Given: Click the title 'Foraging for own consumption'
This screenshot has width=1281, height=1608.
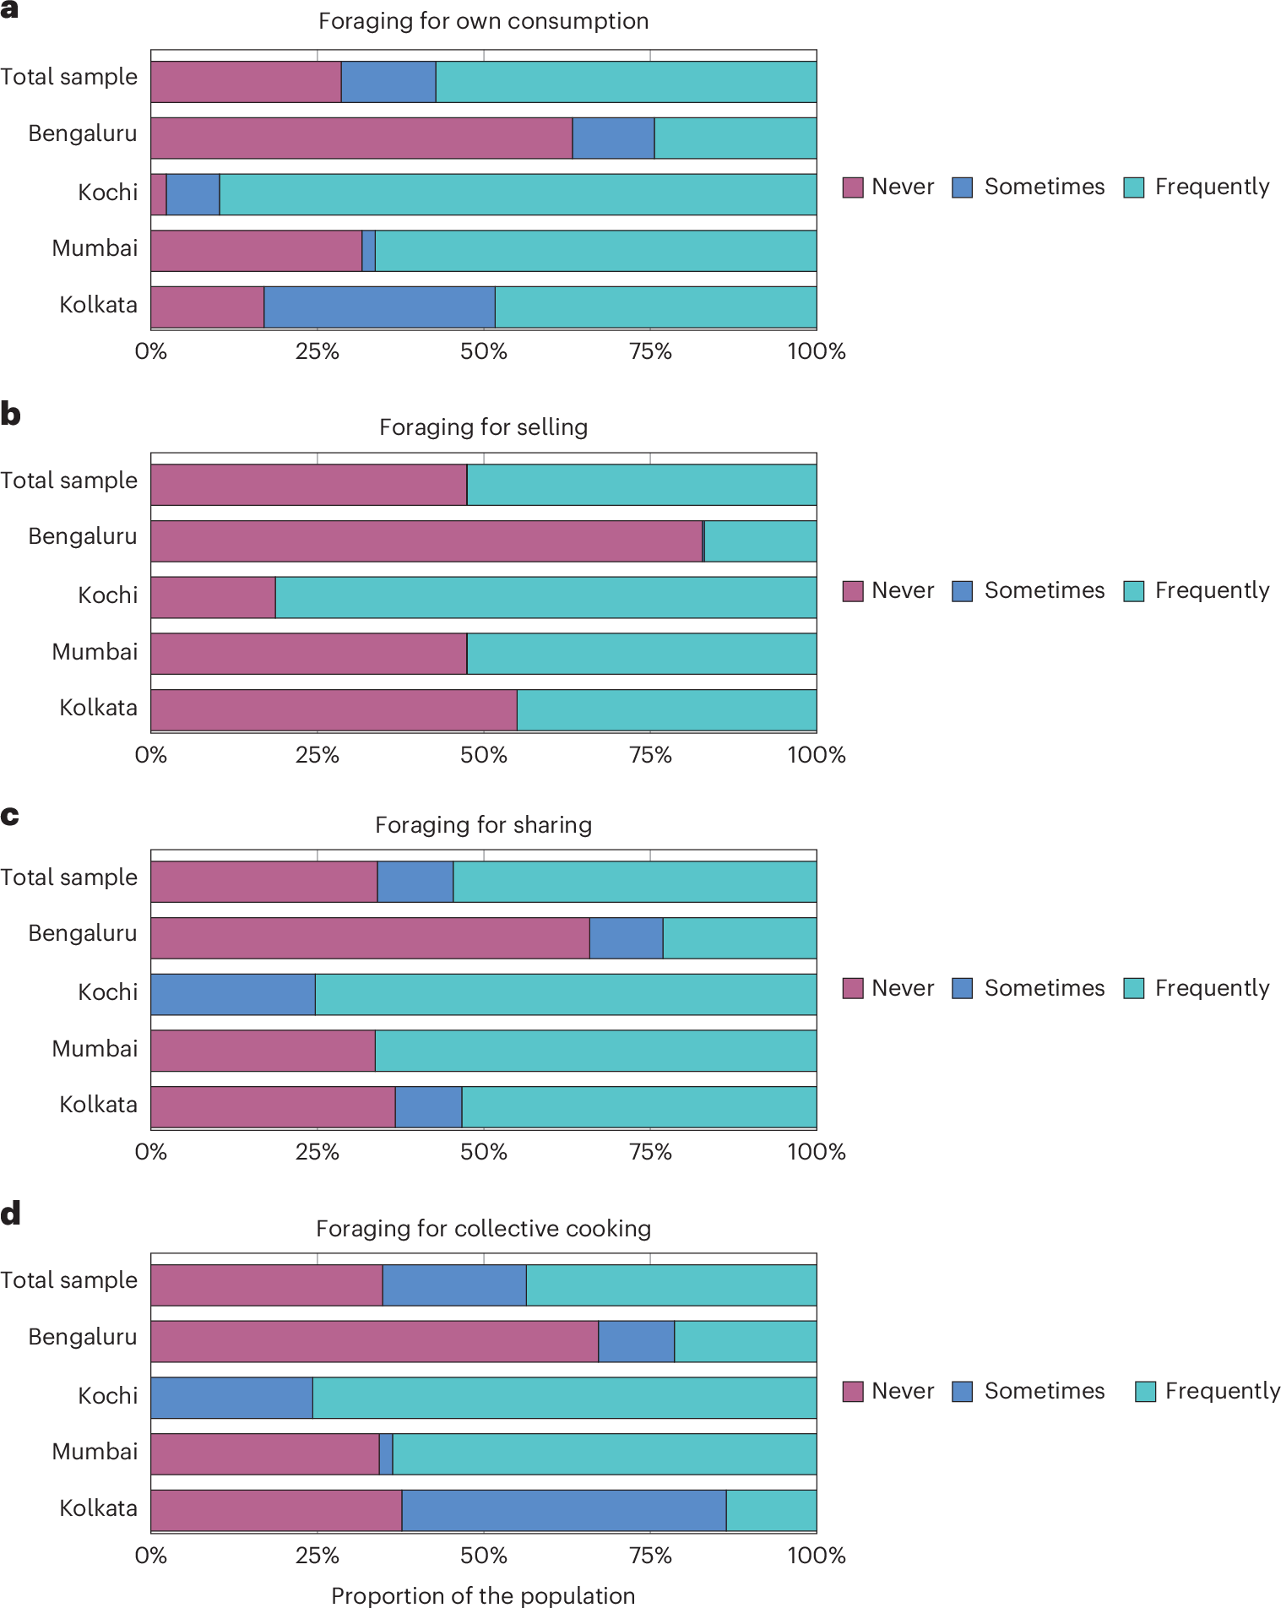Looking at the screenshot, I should [483, 21].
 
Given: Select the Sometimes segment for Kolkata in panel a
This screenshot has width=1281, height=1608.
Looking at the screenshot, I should [379, 307].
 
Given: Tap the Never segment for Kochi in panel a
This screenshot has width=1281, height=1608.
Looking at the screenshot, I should [159, 194].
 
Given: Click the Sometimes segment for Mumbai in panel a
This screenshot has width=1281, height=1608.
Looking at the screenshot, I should [368, 251].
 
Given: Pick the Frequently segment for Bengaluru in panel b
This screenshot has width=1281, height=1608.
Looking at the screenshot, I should [760, 541].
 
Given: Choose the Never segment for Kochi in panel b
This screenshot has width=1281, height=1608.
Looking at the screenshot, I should [213, 597].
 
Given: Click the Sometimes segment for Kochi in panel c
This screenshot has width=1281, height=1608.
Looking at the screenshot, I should [233, 994].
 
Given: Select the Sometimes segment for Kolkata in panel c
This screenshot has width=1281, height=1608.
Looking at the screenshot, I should [428, 1107].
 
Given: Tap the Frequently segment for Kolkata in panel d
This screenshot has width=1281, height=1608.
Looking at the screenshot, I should [771, 1510].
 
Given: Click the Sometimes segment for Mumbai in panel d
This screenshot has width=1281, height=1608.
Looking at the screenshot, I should [386, 1454].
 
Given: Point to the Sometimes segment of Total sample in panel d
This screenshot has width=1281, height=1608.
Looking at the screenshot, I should [454, 1285].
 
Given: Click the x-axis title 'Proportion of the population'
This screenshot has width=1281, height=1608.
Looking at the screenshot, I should [483, 1595].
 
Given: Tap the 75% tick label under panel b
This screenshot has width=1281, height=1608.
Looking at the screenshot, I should [650, 755].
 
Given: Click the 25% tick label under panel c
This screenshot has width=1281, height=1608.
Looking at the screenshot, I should [317, 1152].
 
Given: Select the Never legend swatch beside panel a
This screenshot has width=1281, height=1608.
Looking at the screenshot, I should [853, 187].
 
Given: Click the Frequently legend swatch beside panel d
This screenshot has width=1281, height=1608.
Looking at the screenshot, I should [1145, 1392].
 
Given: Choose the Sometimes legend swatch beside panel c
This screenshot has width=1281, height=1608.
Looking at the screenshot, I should [962, 988].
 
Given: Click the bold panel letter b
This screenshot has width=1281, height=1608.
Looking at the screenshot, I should [10, 415].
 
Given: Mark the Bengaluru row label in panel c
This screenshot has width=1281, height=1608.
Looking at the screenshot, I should [82, 933].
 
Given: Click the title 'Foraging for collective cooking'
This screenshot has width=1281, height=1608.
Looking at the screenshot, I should [483, 1229].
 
